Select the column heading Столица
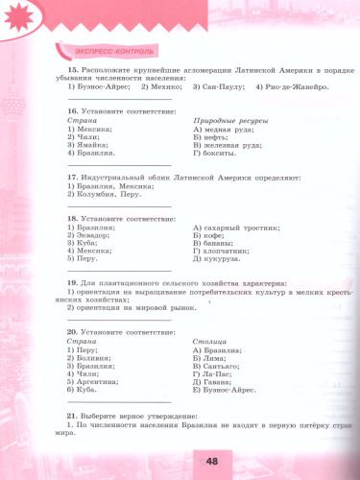coord(209,340)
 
